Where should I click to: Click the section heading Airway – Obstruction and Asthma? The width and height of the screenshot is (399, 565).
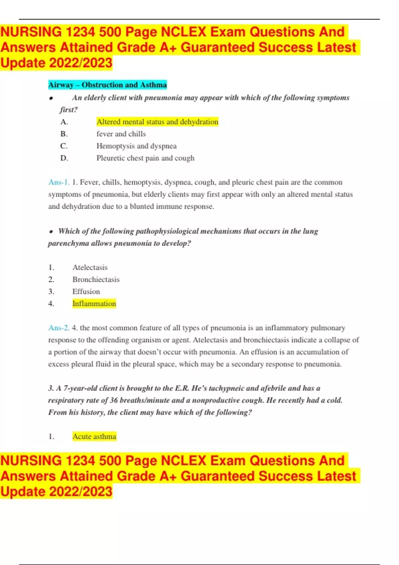107,85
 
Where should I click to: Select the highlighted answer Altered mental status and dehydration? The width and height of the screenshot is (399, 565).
157,122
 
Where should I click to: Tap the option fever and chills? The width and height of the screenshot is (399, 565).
121,134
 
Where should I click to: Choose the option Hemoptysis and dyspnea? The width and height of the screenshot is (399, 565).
136,146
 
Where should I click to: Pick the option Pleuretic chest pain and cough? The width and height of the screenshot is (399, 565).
145,158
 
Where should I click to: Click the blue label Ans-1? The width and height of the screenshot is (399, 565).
59,182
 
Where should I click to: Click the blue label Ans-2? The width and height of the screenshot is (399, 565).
59,328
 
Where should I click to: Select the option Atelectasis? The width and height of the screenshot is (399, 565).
90,267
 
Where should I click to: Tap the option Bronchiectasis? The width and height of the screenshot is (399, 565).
96,280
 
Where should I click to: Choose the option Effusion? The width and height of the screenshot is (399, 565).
86,291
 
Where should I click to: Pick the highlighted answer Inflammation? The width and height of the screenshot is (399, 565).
94,303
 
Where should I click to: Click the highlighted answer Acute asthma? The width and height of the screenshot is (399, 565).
94,436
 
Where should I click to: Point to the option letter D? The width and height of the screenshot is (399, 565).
64,158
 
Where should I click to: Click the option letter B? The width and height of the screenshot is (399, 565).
64,134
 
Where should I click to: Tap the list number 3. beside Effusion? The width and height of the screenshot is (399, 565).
51,291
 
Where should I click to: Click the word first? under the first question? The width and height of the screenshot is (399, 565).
69,110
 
